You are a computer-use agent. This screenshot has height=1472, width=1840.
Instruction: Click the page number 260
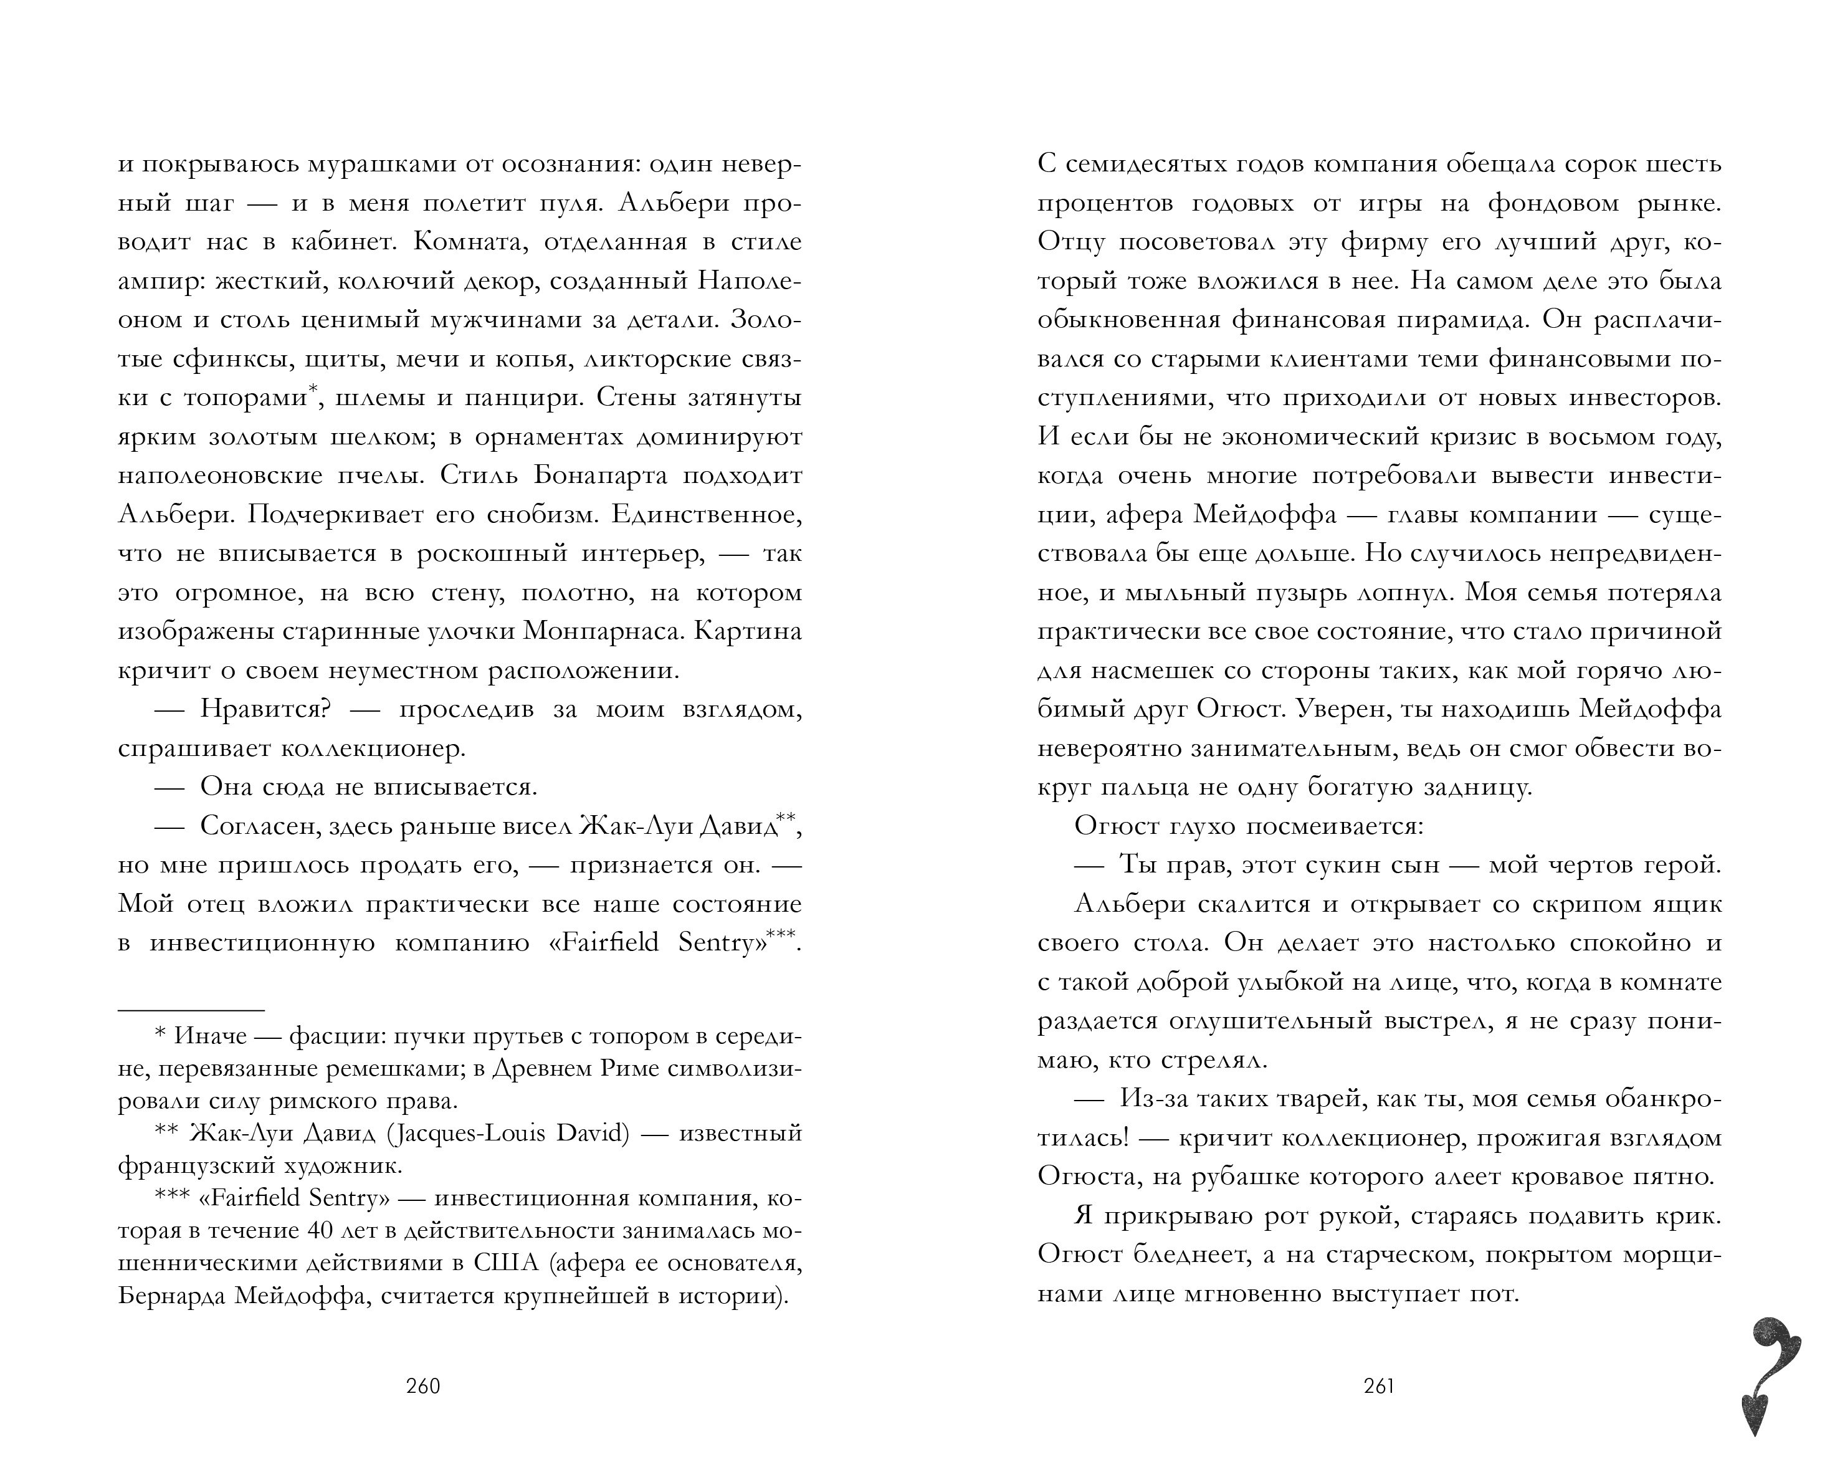[423, 1386]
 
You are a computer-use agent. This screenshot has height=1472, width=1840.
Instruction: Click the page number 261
[1379, 1386]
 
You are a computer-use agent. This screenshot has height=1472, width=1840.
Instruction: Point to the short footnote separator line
[190, 1010]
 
